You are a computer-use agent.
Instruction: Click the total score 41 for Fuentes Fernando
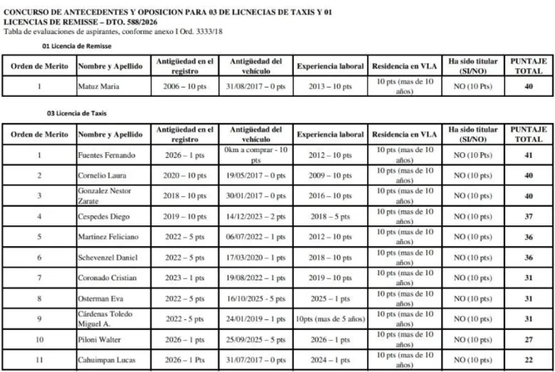point(528,155)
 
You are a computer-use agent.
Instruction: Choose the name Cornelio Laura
point(98,176)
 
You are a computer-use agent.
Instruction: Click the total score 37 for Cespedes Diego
point(528,217)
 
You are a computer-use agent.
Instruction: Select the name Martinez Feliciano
point(107,237)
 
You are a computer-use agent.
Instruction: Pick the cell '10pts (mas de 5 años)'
point(330,319)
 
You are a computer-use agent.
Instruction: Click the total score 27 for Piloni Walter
point(528,340)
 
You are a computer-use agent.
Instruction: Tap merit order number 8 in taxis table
point(39,299)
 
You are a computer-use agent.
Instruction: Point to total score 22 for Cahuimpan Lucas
point(528,360)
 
